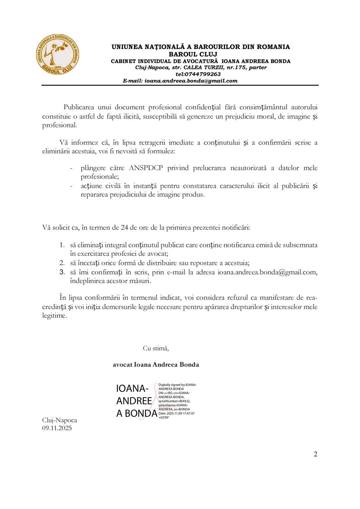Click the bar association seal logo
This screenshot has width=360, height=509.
coord(57,54)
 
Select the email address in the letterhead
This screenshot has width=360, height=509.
coord(191,81)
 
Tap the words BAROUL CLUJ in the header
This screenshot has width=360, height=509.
coord(193,54)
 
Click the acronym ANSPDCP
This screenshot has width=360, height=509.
coord(146,168)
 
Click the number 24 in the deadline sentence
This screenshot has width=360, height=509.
coord(124,227)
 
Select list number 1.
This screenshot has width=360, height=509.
coord(62,245)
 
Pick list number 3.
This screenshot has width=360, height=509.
coord(62,272)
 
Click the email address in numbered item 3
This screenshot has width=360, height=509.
coord(267,272)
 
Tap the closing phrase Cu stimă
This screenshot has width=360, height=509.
coord(156,348)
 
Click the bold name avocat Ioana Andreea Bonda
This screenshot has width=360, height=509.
coord(156,364)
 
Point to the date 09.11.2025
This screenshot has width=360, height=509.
coord(57,428)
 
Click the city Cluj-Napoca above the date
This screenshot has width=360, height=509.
coord(59,420)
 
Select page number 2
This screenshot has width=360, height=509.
coord(315,454)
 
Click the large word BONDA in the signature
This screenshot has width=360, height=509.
coord(141,413)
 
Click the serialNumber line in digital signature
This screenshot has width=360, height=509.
coord(174,401)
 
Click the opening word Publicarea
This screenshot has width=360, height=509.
coord(79,107)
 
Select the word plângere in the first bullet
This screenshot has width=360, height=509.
coord(93,168)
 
